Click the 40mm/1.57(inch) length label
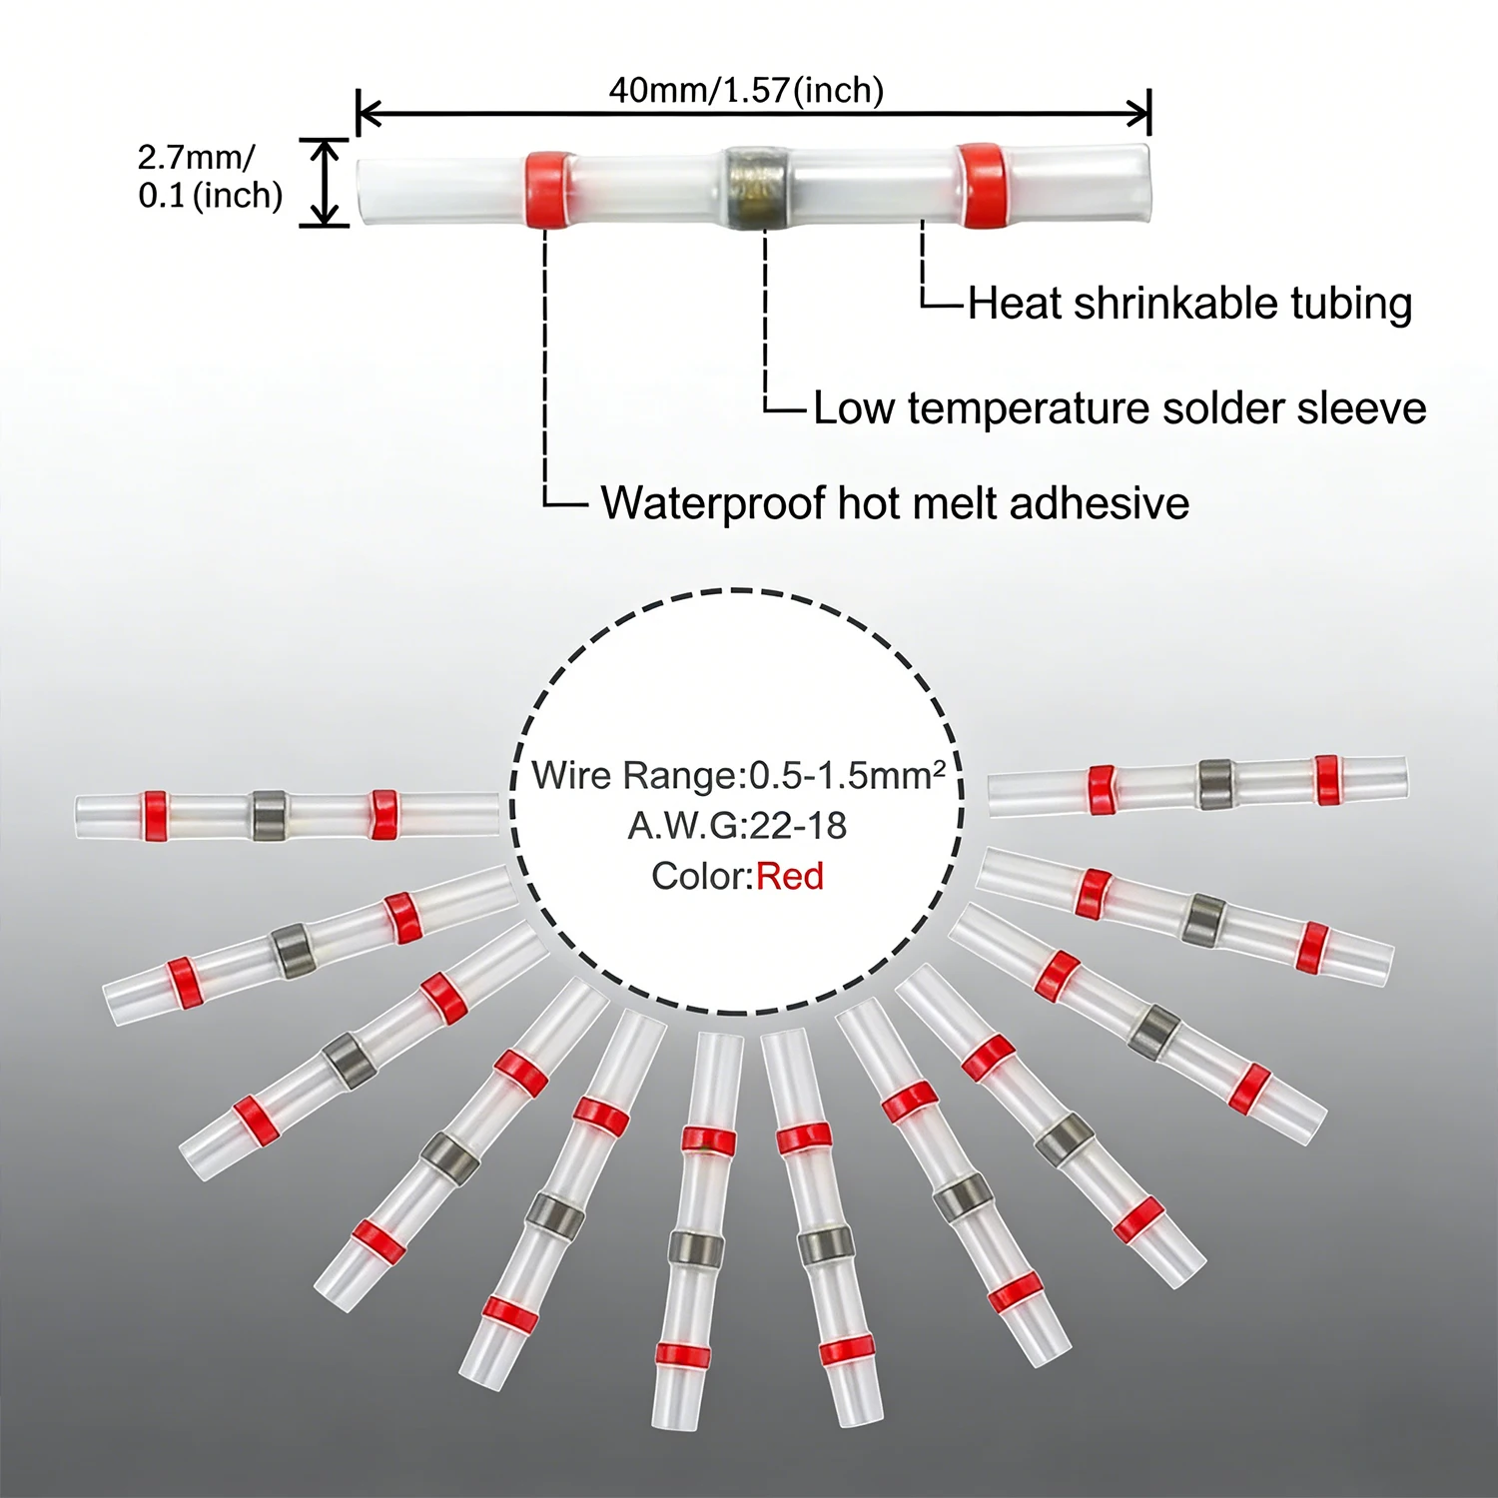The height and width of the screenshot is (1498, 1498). pyautogui.click(x=746, y=90)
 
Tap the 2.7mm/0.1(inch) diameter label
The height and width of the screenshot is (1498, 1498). pyautogui.click(x=210, y=176)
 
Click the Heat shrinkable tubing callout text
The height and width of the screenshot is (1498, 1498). pyautogui.click(x=1189, y=304)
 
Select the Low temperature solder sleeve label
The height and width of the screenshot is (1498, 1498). pyautogui.click(x=1120, y=408)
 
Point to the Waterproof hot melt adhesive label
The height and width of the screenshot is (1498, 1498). pyautogui.click(x=895, y=503)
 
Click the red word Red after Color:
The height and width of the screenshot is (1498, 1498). pyautogui.click(x=790, y=876)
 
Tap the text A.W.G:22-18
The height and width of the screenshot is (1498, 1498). pyautogui.click(x=737, y=826)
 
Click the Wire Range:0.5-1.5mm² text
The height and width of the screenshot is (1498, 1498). pyautogui.click(x=738, y=775)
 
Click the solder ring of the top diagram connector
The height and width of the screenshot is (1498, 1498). pyautogui.click(x=756, y=187)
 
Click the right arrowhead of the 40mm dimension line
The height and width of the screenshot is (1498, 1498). pyautogui.click(x=1139, y=114)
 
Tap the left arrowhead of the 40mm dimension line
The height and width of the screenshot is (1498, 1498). pyautogui.click(x=369, y=114)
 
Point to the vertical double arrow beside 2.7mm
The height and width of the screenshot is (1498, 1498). pyautogui.click(x=325, y=183)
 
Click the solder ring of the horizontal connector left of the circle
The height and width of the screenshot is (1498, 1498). pyautogui.click(x=269, y=815)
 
